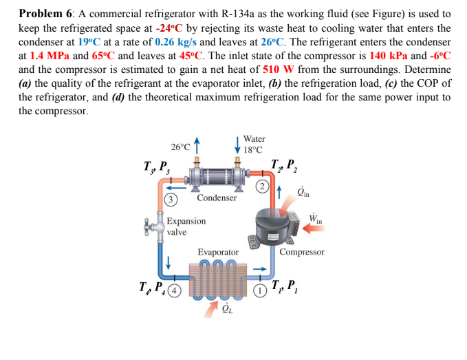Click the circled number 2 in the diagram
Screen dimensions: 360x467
pyautogui.click(x=261, y=186)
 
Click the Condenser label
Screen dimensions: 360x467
pyautogui.click(x=217, y=198)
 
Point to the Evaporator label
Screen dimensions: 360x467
pyautogui.click(x=218, y=253)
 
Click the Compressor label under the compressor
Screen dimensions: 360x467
pyautogui.click(x=302, y=252)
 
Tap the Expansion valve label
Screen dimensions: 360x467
pyautogui.click(x=186, y=226)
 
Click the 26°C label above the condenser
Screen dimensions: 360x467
pyautogui.click(x=181, y=147)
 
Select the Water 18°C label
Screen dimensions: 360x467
pyautogui.click(x=254, y=144)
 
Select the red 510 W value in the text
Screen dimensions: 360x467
pyautogui.click(x=277, y=70)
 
